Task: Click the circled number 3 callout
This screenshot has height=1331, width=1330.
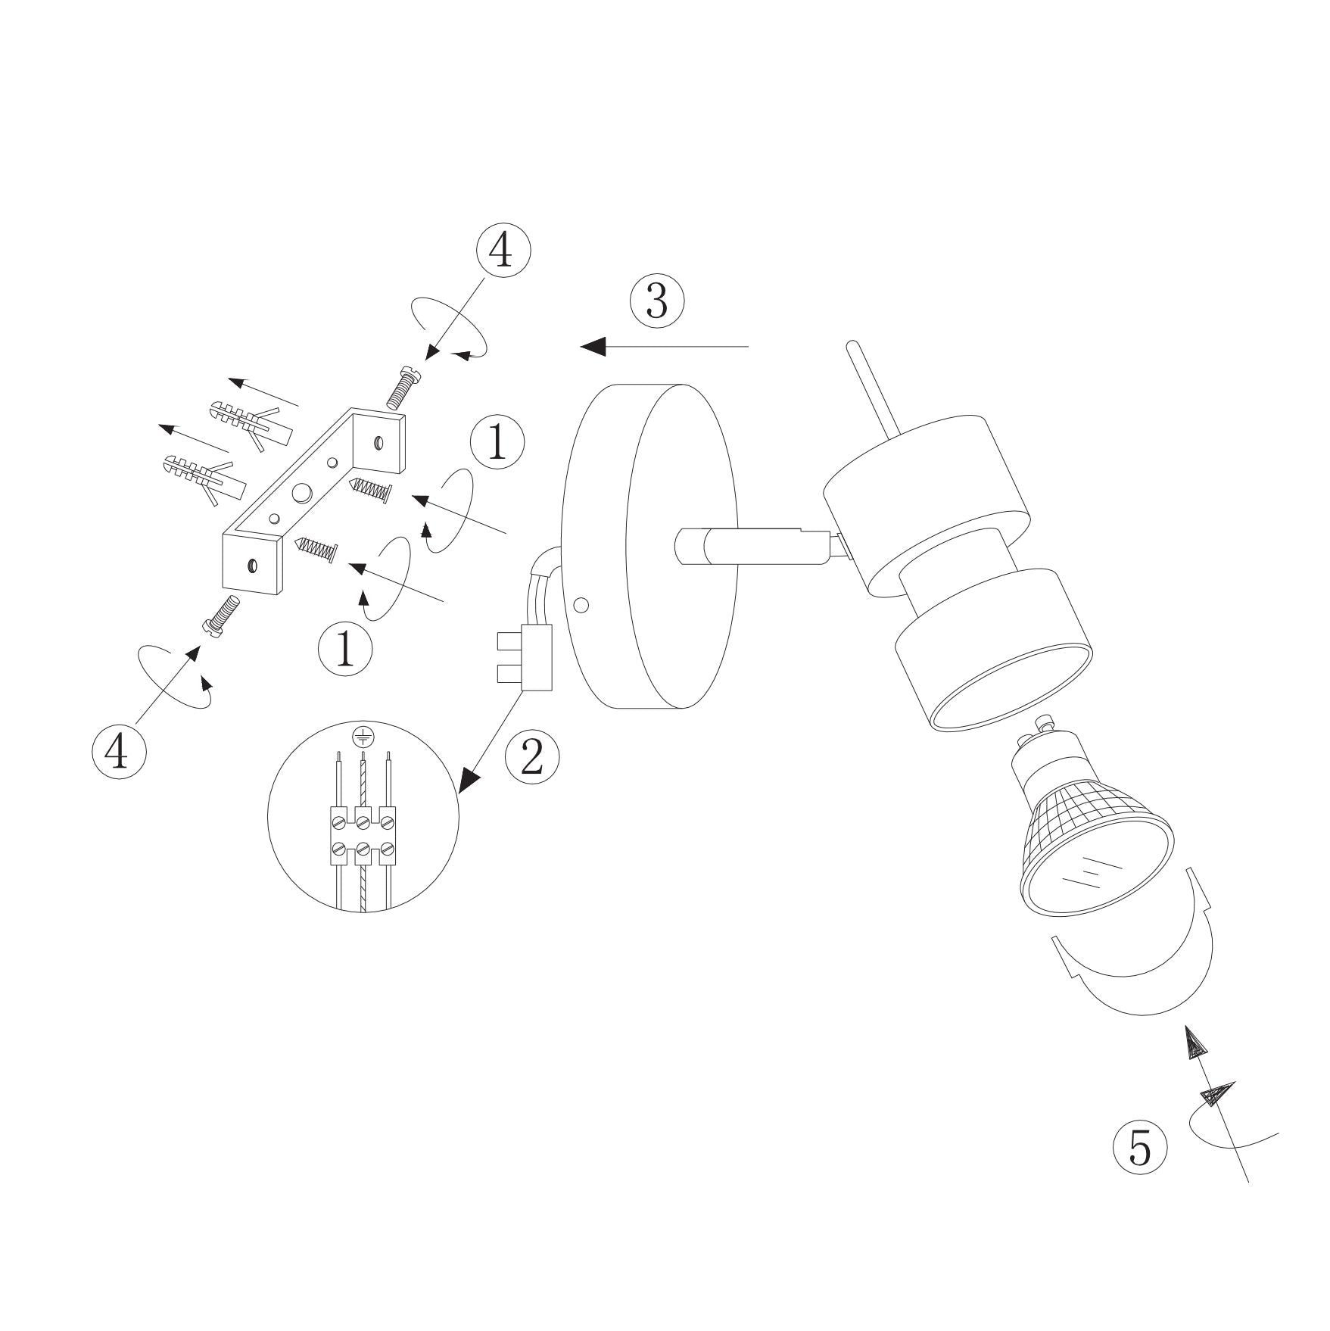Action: coord(657,301)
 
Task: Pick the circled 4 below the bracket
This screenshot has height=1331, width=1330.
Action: coord(119,749)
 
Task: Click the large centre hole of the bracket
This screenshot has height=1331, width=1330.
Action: coord(302,493)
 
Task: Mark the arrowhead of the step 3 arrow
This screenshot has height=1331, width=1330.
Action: coord(594,346)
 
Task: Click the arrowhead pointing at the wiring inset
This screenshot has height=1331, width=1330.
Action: coord(472,781)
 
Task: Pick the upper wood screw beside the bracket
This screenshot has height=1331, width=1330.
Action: coord(371,491)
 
